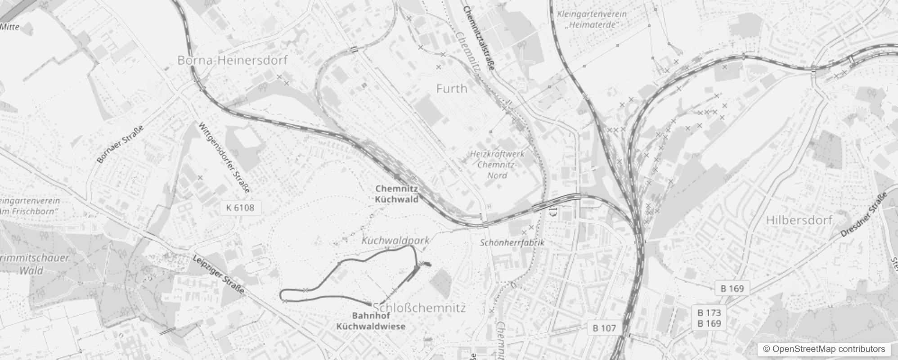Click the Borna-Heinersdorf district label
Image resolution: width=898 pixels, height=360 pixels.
click(232, 60)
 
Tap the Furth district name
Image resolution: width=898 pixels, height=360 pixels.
click(452, 89)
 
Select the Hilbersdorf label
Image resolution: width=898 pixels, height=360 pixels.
click(799, 220)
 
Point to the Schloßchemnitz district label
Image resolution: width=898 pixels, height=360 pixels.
click(419, 308)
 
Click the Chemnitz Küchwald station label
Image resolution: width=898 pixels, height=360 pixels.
click(397, 194)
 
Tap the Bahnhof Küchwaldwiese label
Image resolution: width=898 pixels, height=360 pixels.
click(371, 321)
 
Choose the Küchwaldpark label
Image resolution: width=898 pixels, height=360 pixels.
click(395, 240)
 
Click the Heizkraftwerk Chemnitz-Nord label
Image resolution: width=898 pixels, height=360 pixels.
click(497, 164)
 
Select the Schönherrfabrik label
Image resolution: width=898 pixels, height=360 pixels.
click(512, 243)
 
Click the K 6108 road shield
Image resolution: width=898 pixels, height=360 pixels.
click(240, 207)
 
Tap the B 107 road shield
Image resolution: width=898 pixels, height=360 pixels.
click(604, 328)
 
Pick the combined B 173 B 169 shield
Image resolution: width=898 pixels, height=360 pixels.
click(709, 318)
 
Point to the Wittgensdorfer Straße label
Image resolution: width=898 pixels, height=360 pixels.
click(224, 157)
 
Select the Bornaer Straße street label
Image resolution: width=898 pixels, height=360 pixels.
click(120, 144)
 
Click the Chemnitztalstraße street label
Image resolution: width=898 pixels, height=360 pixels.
click(479, 38)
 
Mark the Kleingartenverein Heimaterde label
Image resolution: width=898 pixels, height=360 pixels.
click(592, 19)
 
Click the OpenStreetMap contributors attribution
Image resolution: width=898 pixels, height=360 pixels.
click(824, 349)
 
